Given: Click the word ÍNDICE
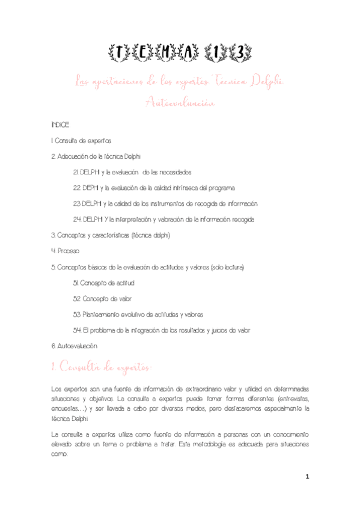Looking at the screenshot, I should [61, 125].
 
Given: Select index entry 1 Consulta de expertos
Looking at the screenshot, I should [82, 141].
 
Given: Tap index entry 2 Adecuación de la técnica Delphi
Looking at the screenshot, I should [96, 156].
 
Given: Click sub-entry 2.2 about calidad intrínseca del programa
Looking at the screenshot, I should [157, 188].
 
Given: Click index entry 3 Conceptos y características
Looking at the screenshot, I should [111, 235].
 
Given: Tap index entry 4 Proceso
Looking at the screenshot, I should [66, 250].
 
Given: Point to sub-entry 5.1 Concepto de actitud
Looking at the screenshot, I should [103, 282].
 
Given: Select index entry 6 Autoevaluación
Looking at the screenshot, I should [75, 346].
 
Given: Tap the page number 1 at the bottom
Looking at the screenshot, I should [307, 478].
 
